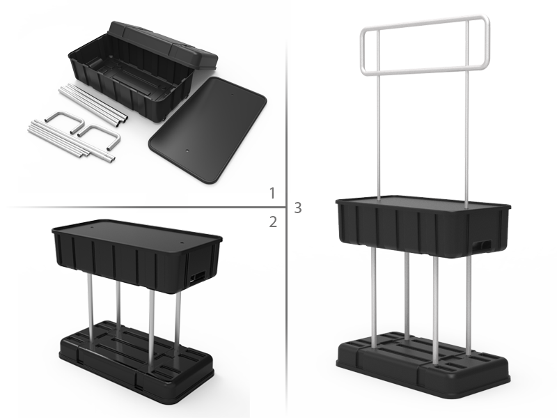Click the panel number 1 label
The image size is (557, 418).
(273, 193)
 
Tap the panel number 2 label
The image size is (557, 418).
(273, 222)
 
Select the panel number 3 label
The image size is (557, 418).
(298, 207)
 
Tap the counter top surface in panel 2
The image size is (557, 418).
(132, 231)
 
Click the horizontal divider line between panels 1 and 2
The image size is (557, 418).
(139, 207)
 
